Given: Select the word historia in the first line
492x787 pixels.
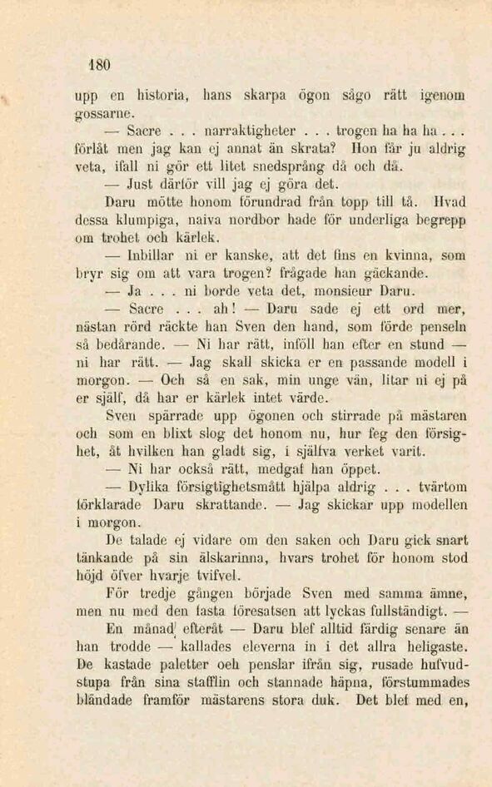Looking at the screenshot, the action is [153, 95].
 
